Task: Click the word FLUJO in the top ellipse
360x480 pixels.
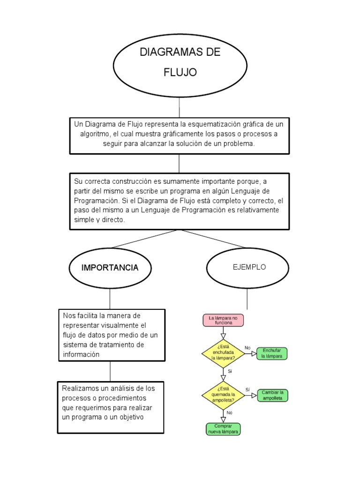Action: click(x=180, y=72)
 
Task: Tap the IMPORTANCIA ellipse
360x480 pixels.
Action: click(x=110, y=268)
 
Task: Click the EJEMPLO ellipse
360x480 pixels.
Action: click(x=249, y=267)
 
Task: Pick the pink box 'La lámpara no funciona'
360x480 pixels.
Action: click(x=223, y=321)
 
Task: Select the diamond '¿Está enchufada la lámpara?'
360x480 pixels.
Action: click(x=223, y=353)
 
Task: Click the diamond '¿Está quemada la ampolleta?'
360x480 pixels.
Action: click(x=223, y=395)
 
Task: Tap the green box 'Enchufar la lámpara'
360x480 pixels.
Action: click(x=272, y=353)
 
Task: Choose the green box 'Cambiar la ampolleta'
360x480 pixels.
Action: click(x=272, y=395)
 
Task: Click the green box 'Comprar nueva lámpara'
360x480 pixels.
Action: click(x=223, y=429)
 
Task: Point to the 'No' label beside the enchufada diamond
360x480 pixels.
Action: click(x=247, y=348)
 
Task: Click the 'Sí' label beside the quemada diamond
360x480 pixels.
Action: click(x=247, y=390)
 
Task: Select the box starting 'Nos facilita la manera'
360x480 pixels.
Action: click(x=112, y=335)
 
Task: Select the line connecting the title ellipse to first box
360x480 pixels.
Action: click(x=179, y=107)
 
